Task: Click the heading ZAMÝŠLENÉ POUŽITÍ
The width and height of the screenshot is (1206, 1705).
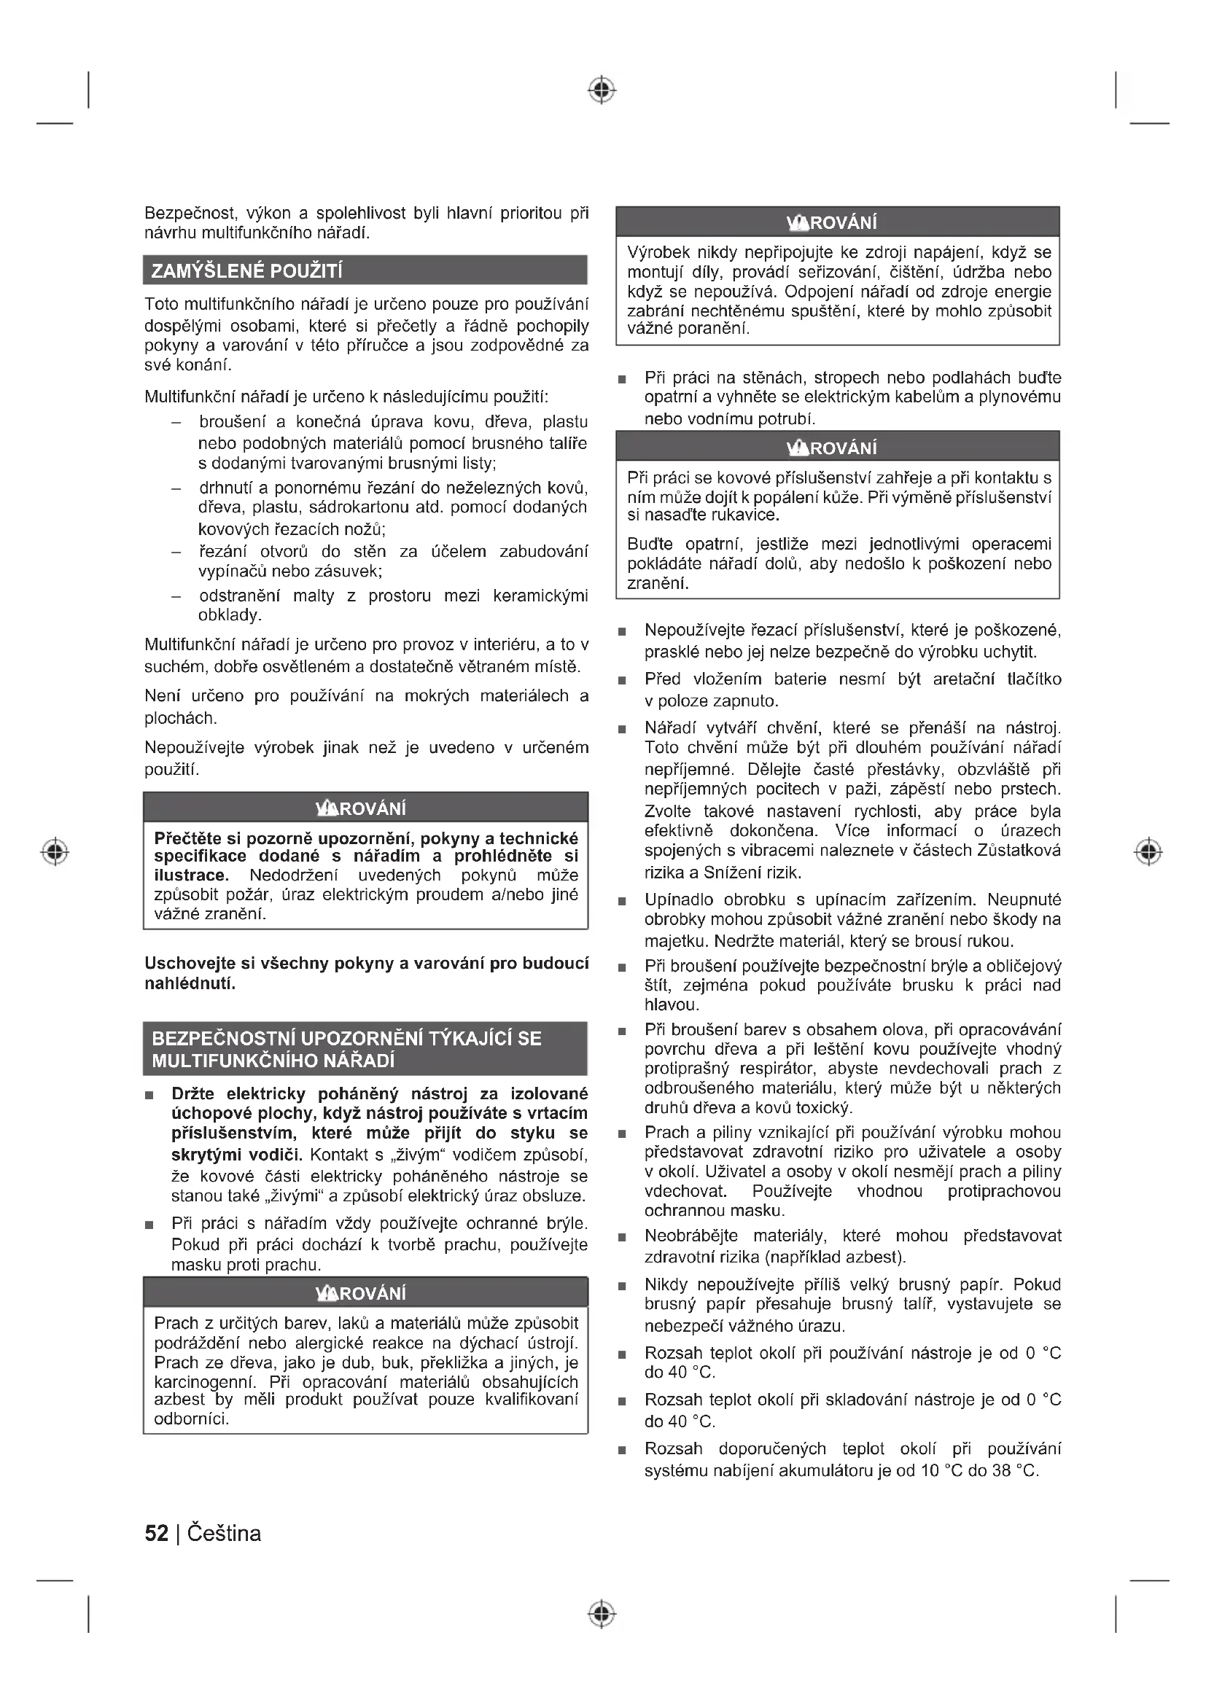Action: tap(246, 271)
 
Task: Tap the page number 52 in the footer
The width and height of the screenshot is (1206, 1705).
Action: tap(156, 1534)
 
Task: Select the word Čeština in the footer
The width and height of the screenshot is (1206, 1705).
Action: tap(225, 1534)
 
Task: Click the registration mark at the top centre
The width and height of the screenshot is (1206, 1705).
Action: tap(602, 90)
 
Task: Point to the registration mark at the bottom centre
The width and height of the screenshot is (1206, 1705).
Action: tap(602, 1614)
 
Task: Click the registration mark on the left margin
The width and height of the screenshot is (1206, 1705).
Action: tap(55, 851)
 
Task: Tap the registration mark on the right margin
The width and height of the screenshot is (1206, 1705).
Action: tap(1148, 851)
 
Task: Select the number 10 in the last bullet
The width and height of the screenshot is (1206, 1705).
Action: tap(930, 1470)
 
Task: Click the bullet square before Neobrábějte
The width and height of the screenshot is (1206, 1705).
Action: tap(622, 1237)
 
